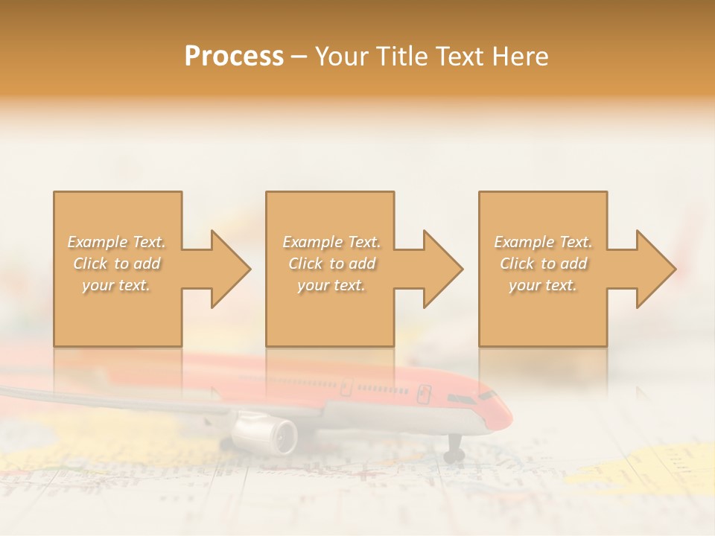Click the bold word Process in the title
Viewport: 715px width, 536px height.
click(234, 57)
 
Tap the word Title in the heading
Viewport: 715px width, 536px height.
click(401, 57)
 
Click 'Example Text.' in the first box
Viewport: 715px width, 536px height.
click(117, 242)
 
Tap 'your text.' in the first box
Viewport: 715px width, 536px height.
click(117, 285)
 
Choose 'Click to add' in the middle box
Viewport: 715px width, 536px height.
click(331, 264)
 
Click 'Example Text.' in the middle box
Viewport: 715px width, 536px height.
click(331, 242)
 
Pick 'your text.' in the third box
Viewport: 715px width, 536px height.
click(543, 285)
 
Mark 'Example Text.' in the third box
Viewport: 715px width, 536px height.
click(543, 242)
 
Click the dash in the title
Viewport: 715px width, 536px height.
click(299, 57)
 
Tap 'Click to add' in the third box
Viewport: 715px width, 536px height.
click(543, 264)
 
